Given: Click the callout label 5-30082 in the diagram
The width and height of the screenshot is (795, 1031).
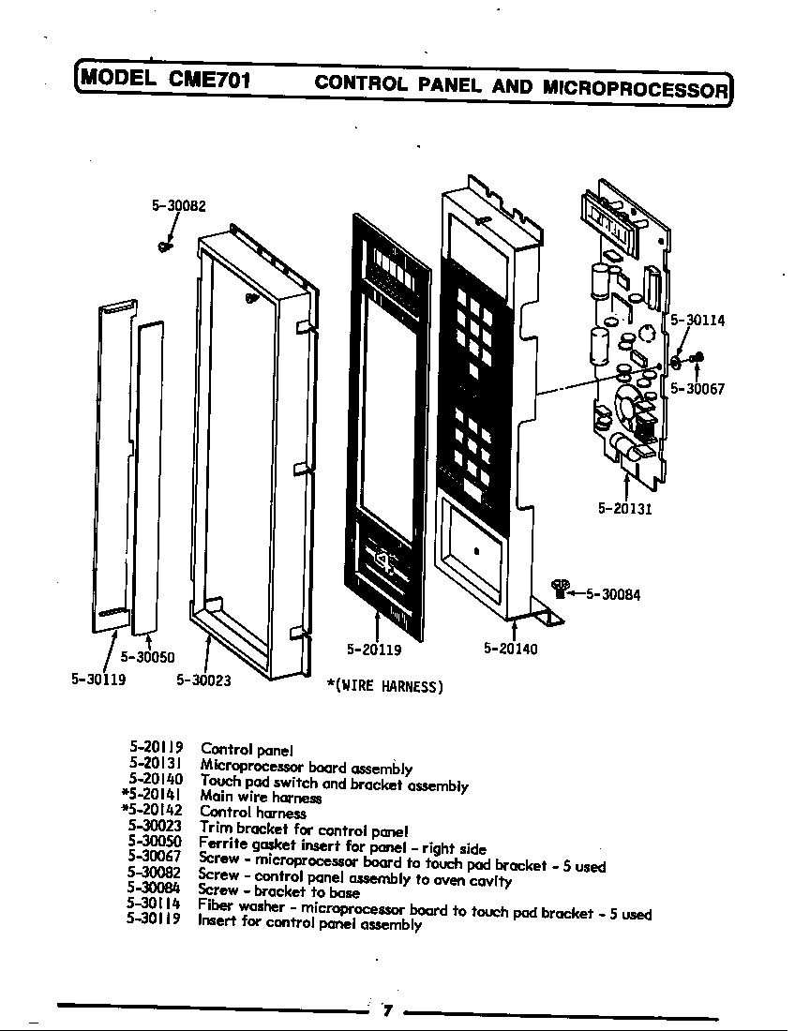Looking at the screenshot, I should tap(178, 206).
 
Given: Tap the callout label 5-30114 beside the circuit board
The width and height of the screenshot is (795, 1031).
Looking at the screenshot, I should tap(697, 320).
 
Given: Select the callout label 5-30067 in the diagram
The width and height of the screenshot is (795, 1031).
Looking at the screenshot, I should tap(697, 389).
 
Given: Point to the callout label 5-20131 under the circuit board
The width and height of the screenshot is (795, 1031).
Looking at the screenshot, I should tap(624, 509).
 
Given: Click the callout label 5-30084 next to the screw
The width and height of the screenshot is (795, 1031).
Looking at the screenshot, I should tap(613, 594).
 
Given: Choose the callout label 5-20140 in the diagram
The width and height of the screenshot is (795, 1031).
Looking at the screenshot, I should tap(511, 648).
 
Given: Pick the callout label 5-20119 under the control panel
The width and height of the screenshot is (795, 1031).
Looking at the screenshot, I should tap(374, 648).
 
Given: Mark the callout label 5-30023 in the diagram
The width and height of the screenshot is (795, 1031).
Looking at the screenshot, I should tap(204, 680).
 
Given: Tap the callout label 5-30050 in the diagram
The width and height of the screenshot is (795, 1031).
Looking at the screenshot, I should tap(147, 658).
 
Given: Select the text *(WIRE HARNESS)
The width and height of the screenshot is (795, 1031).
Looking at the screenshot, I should tap(384, 687).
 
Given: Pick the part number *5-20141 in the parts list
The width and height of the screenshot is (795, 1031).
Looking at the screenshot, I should tap(152, 796).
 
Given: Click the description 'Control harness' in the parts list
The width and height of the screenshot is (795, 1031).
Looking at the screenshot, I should tap(252, 812).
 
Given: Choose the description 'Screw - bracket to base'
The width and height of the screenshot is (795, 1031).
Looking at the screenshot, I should tap(278, 891).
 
